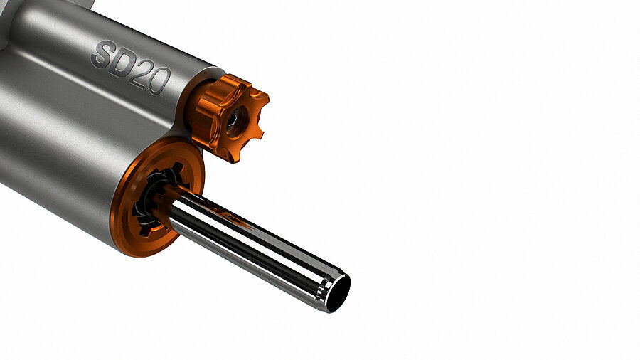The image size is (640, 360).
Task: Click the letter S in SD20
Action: pyautogui.click(x=102, y=54)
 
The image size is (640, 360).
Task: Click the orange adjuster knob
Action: pyautogui.click(x=228, y=117)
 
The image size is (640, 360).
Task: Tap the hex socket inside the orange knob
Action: pyautogui.click(x=233, y=120)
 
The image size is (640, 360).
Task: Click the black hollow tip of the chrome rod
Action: pyautogui.click(x=338, y=293)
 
